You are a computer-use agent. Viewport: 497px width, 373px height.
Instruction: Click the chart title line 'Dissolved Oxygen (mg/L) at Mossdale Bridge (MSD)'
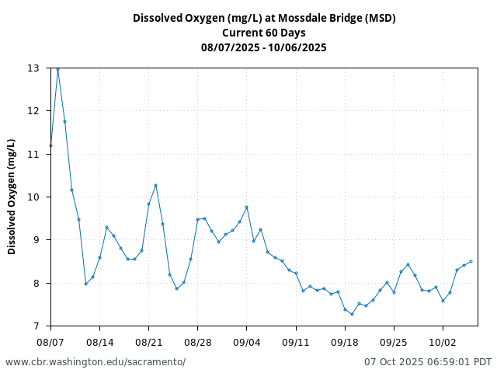[x=264, y=18]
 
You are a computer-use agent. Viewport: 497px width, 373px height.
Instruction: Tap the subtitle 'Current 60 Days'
[x=264, y=33]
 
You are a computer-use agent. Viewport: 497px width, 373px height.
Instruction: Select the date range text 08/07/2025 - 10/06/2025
[x=264, y=47]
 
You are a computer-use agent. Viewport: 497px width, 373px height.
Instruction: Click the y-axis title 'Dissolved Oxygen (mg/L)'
[x=12, y=197]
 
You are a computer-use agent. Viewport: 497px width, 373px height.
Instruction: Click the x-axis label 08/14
[x=99, y=341]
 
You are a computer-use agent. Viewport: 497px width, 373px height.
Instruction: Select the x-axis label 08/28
[x=197, y=341]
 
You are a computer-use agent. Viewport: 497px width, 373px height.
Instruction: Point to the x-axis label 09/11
[x=296, y=341]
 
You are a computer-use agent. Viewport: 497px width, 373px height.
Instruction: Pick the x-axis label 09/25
[x=394, y=341]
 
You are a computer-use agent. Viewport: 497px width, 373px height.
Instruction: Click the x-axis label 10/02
[x=443, y=341]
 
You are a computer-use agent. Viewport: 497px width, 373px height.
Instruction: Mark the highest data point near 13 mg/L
[x=57, y=70]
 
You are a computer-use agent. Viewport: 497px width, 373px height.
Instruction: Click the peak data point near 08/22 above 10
[x=155, y=185]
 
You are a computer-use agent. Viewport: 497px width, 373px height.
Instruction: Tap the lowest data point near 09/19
[x=352, y=314]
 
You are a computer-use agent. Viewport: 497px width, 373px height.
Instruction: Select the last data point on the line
[x=471, y=261]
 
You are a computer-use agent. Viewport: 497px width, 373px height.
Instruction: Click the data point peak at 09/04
[x=246, y=207]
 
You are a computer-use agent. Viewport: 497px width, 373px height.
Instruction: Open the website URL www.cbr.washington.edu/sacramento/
[x=96, y=362]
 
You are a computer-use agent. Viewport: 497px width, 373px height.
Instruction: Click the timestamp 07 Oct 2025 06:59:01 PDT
[x=428, y=362]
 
